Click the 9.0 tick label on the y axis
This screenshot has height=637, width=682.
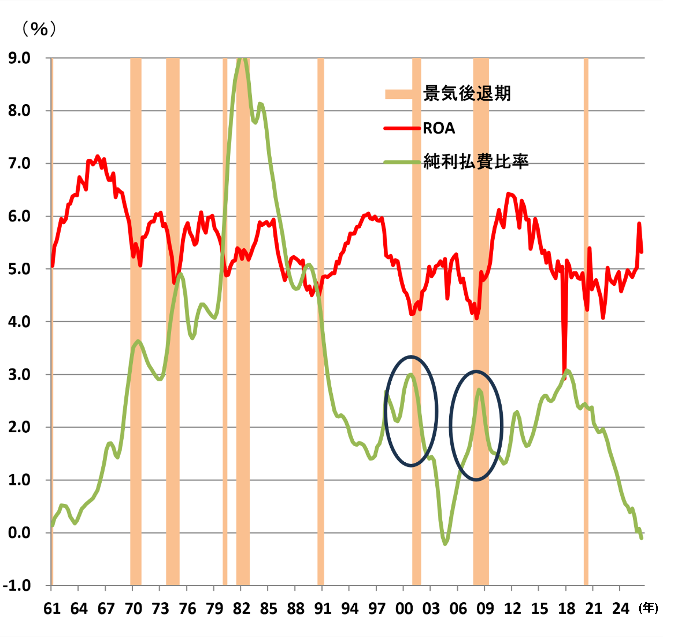tap(19, 58)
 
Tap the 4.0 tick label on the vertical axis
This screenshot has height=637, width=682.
tap(19, 322)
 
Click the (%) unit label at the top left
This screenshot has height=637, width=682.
tap(39, 29)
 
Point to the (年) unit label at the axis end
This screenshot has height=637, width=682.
tap(648, 608)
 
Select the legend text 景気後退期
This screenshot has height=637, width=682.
tap(467, 93)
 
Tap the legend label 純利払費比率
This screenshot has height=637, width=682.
tap(476, 161)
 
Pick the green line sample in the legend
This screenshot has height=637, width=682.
tap(402, 162)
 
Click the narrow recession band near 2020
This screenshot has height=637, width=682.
tap(586, 321)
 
